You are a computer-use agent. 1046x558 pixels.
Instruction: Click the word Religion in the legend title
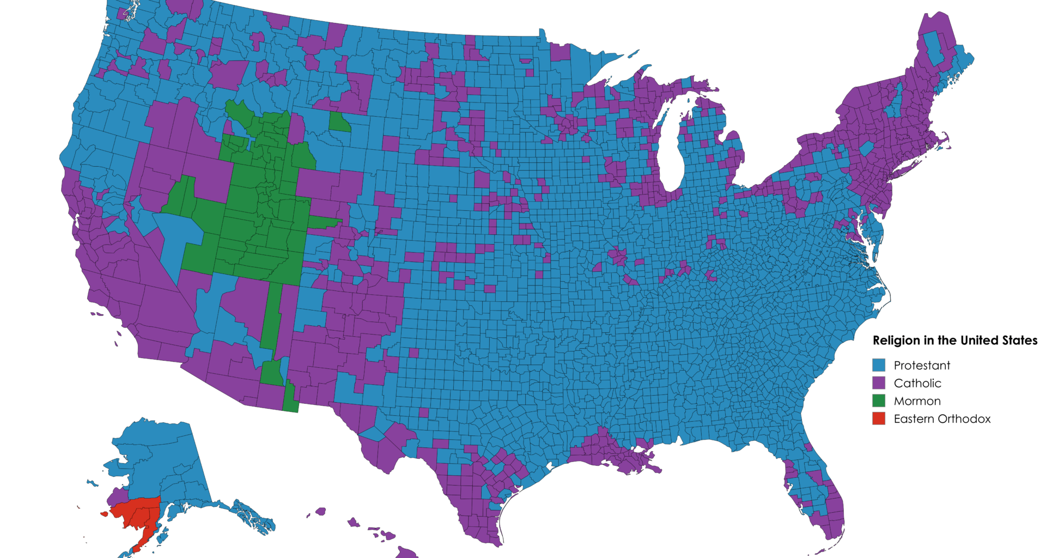tap(896, 341)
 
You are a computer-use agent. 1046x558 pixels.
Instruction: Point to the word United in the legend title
tap(981, 341)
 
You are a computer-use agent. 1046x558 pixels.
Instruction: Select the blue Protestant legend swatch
tap(879, 365)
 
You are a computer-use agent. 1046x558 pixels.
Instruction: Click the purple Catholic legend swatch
tap(879, 383)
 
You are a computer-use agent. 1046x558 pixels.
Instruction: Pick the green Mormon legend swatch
tap(879, 401)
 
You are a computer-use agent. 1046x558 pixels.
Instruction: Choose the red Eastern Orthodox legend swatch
tap(879, 419)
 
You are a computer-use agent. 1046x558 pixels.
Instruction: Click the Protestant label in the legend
tap(922, 365)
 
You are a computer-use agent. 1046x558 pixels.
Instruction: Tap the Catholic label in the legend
tap(917, 383)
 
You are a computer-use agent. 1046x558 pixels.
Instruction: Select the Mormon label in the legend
tap(917, 401)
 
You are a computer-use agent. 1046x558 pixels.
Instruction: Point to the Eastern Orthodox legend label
tap(942, 419)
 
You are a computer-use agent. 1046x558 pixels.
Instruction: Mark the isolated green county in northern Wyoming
tap(339, 123)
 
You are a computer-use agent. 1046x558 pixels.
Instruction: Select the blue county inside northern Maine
tap(935, 49)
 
